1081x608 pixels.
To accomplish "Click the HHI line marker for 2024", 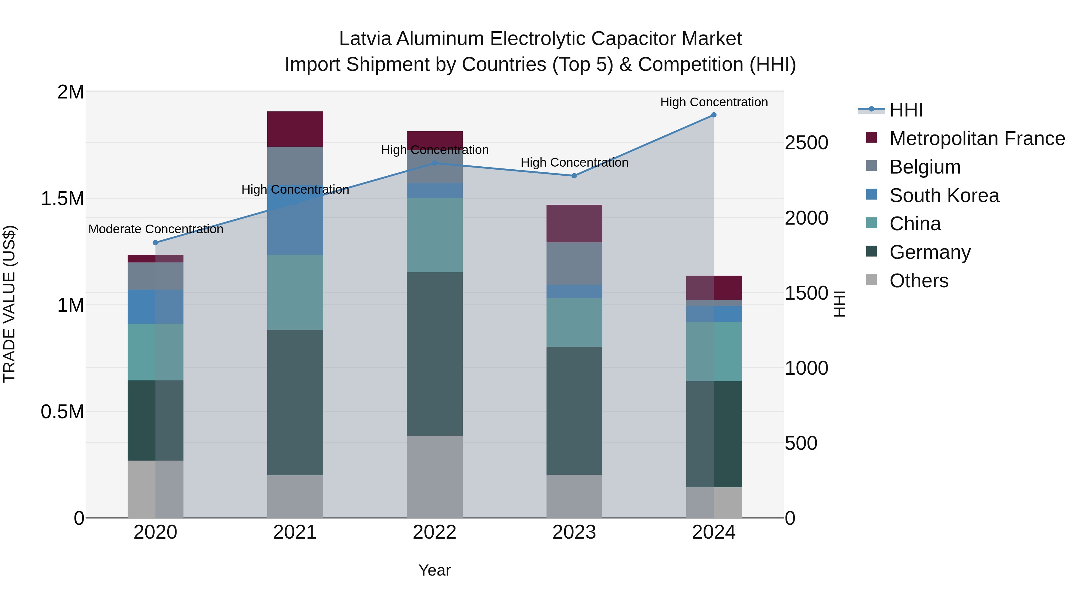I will pyautogui.click(x=714, y=115).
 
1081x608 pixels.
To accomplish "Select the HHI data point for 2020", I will pyautogui.click(x=155, y=243).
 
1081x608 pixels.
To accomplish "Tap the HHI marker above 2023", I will pyautogui.click(x=574, y=176).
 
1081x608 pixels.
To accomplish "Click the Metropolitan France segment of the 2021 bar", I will pyautogui.click(x=295, y=129).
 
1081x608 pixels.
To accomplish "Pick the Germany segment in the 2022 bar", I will pyautogui.click(x=435, y=354).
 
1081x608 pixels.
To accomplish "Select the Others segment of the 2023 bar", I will pyautogui.click(x=574, y=496).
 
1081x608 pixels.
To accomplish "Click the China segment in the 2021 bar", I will pyautogui.click(x=295, y=292).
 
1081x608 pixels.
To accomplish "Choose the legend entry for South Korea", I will pyautogui.click(x=944, y=195).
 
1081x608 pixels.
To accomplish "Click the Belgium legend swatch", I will pyautogui.click(x=872, y=166).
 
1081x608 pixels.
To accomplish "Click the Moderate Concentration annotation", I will pyautogui.click(x=156, y=229).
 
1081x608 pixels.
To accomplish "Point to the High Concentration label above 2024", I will pyautogui.click(x=714, y=102).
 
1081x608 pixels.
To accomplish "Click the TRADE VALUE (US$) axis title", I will pyautogui.click(x=9, y=304).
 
